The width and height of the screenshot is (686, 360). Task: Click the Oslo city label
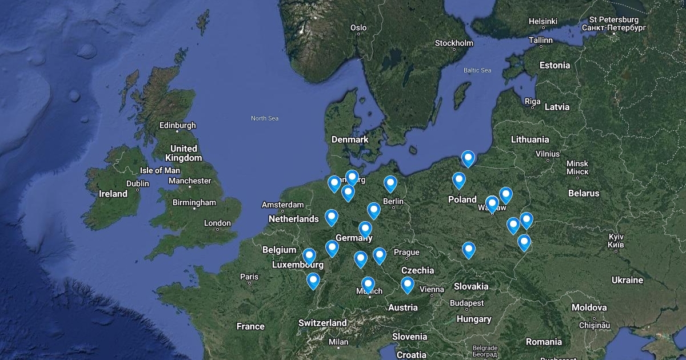coord(358,27)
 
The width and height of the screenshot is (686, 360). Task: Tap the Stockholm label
coord(454,43)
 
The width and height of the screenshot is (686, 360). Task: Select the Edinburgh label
coord(177,125)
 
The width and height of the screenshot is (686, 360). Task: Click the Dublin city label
coord(137,183)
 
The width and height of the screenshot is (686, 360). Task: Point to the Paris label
coord(249,277)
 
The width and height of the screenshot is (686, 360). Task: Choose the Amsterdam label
coord(282,205)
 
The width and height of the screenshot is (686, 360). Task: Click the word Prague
coord(406,252)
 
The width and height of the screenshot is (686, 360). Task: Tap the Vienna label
coord(432,289)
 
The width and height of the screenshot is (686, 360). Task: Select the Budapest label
coord(466,303)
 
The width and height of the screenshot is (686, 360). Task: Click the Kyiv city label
coord(615,236)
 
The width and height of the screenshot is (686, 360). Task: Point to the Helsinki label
coord(543,21)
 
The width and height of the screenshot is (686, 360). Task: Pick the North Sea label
coord(265,118)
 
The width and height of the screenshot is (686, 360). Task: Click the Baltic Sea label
coord(477,70)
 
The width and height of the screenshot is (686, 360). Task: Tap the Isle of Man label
coord(159,170)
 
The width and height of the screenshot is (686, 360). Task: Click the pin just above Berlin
coord(390,183)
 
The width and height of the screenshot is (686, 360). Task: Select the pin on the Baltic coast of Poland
coord(468,157)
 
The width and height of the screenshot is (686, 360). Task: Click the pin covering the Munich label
coord(368,284)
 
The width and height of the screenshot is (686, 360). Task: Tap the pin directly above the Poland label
coord(459,180)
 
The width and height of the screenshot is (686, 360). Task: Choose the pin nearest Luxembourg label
coord(309,255)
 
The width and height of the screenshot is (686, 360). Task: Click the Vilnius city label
coord(547,154)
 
